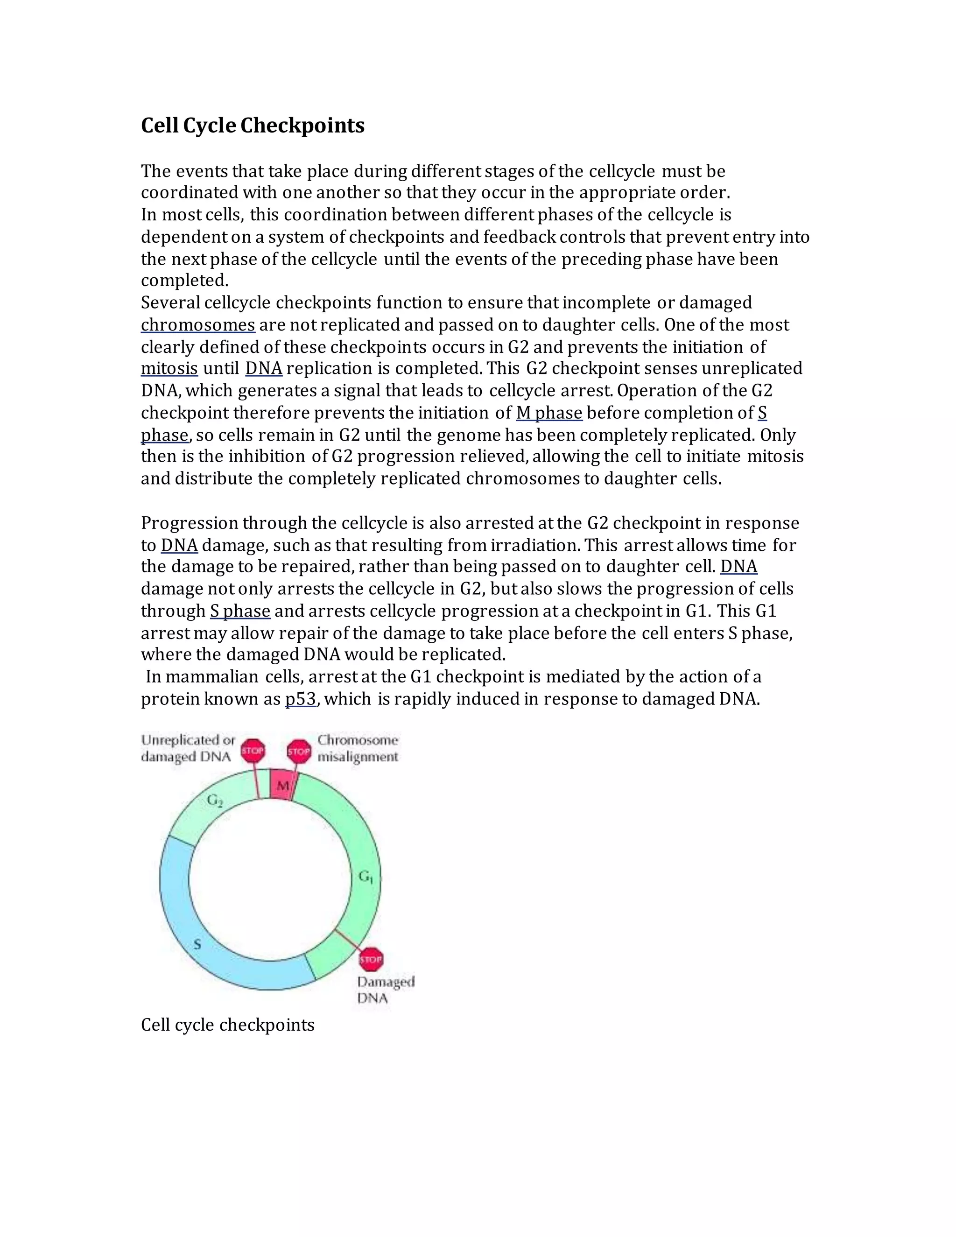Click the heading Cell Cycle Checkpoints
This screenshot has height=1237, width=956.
point(253,125)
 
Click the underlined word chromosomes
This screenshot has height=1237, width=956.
point(197,325)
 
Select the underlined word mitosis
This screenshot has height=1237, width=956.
point(169,369)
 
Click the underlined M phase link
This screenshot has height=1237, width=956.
point(549,413)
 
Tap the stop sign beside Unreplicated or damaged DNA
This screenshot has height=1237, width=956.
point(253,751)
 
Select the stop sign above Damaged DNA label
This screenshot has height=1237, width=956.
point(372,959)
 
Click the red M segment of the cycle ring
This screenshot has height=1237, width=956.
point(281,786)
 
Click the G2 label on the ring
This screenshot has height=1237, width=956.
point(215,800)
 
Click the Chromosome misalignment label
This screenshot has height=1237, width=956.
point(358,748)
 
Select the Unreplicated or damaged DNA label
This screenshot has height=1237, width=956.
point(188,748)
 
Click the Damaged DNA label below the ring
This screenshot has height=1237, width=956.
point(385,990)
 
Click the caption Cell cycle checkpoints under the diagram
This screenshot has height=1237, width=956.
point(227,1025)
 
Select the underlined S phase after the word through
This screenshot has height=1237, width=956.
point(239,611)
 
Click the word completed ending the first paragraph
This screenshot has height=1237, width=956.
point(183,281)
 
